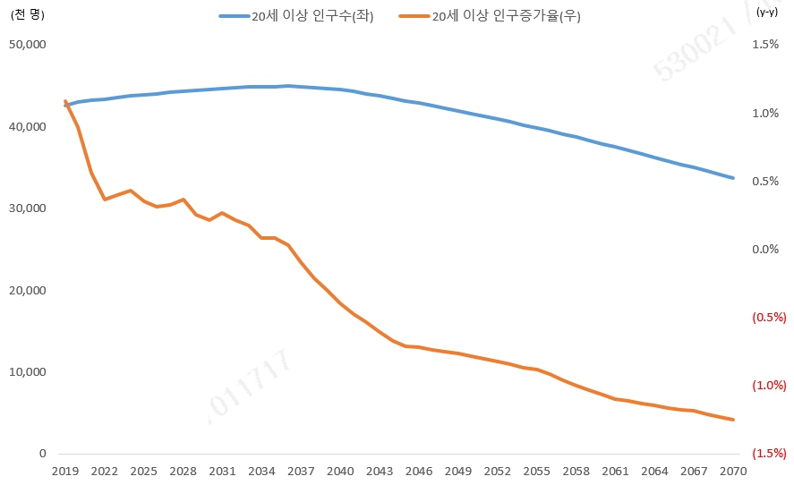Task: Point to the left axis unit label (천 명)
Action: click(x=28, y=13)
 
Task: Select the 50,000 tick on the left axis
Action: click(x=26, y=44)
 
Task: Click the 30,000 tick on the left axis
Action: click(x=26, y=208)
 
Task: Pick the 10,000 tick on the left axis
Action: click(x=26, y=371)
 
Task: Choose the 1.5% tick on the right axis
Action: click(x=764, y=44)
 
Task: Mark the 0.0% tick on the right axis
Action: click(x=764, y=249)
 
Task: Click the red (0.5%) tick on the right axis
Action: click(x=768, y=317)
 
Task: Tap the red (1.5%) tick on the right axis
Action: click(x=768, y=454)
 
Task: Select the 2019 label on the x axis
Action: click(x=65, y=472)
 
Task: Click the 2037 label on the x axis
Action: click(x=301, y=472)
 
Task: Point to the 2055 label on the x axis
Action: click(x=537, y=472)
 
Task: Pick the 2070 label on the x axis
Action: click(x=733, y=472)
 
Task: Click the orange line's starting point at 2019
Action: click(x=65, y=101)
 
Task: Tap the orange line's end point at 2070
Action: click(x=733, y=420)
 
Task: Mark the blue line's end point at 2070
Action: click(x=733, y=178)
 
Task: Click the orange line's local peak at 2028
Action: click(x=184, y=200)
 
